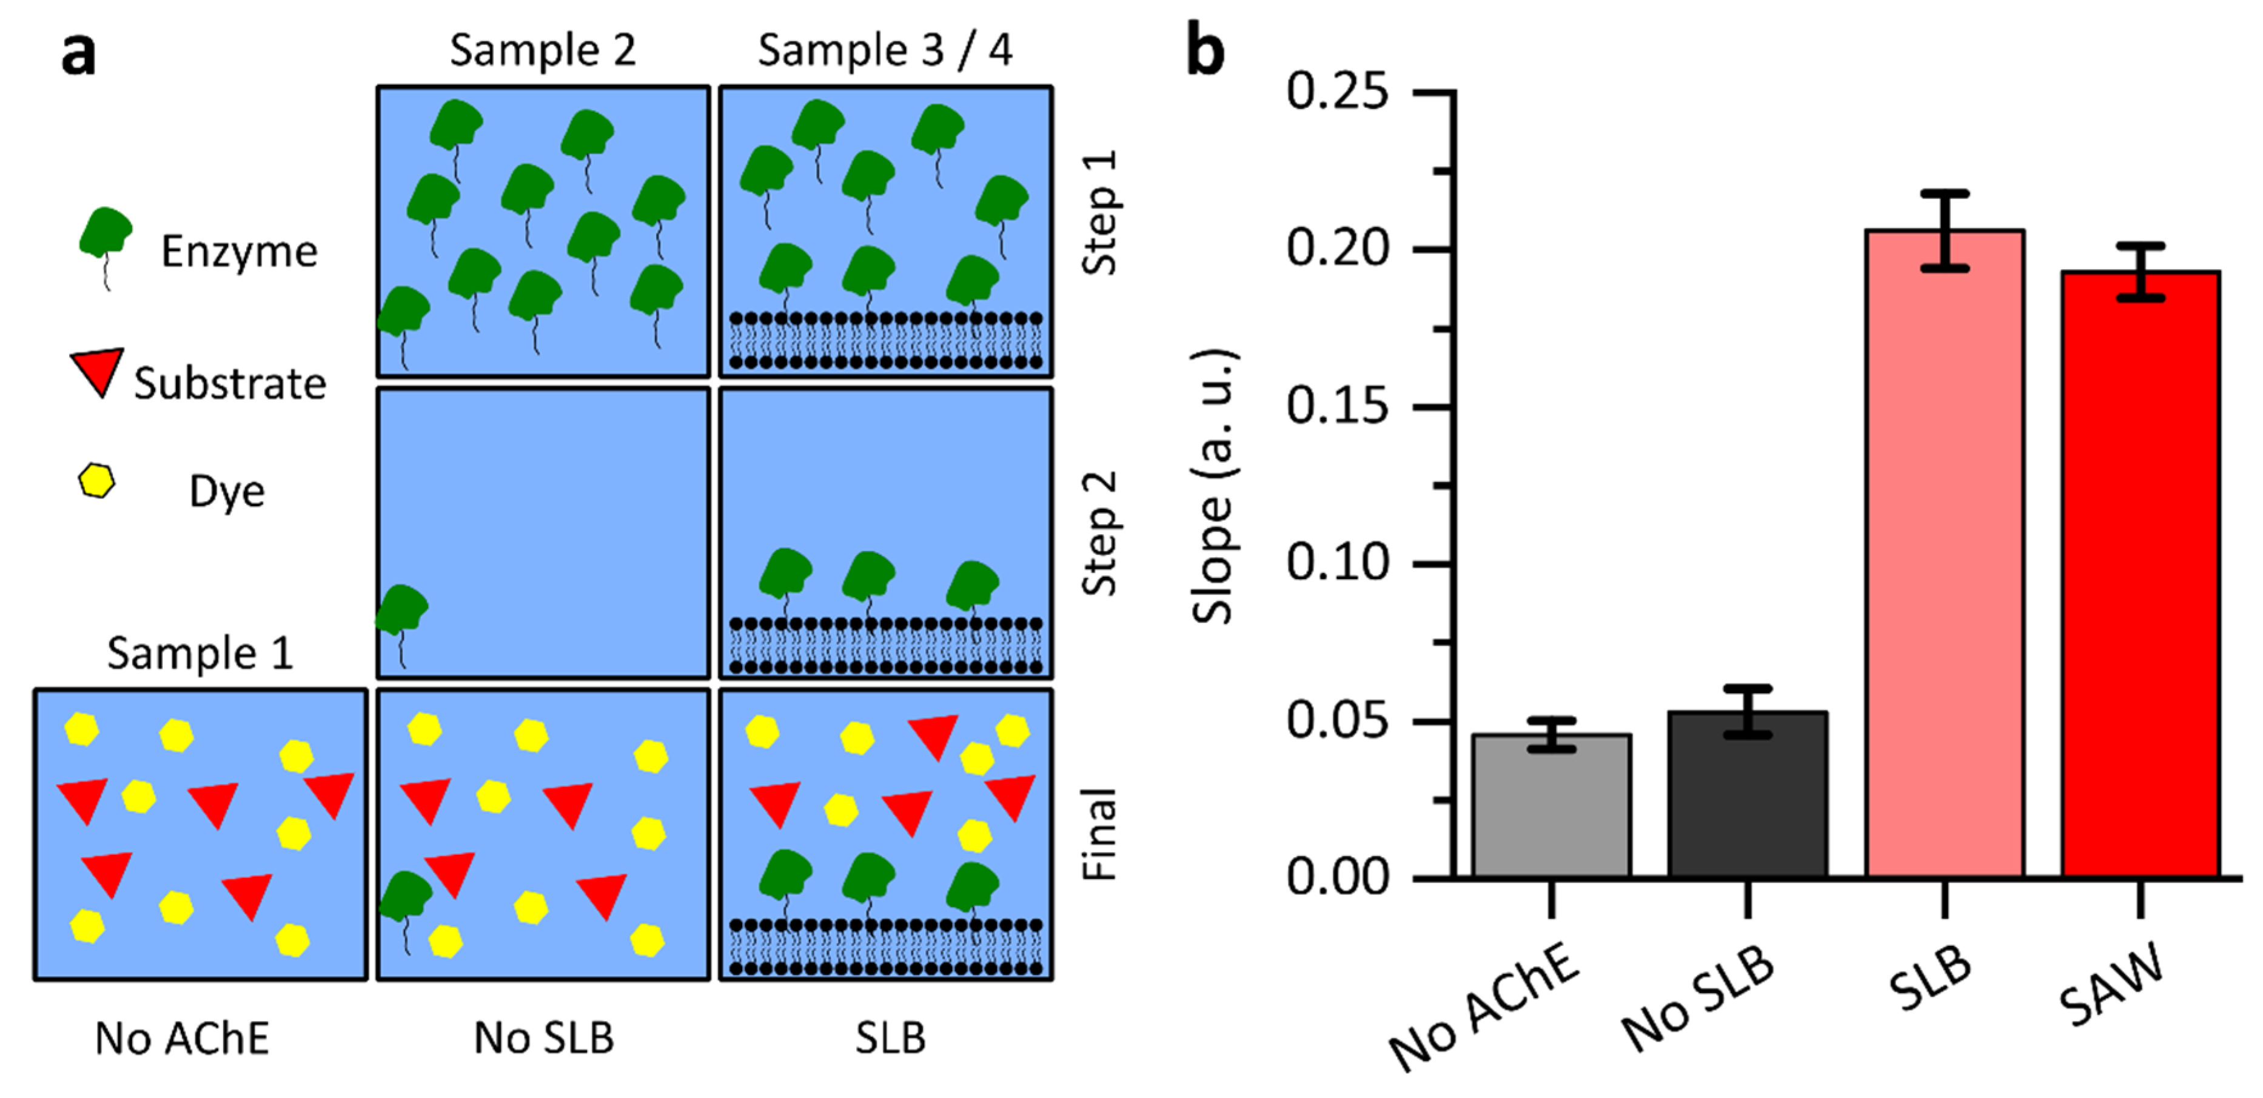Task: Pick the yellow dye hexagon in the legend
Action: point(96,481)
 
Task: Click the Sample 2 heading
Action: point(542,50)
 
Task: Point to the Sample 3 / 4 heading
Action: point(885,50)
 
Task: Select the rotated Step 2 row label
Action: point(1098,533)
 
